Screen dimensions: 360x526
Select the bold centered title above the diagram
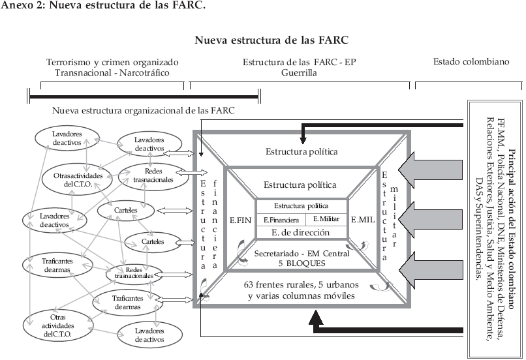click(x=271, y=40)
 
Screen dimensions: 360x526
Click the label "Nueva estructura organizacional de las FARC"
click(x=144, y=111)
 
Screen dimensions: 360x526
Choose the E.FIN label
click(x=240, y=220)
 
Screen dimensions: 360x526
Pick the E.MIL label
click(x=363, y=220)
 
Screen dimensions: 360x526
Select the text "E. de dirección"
click(x=301, y=233)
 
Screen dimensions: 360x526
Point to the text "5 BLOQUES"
click(x=301, y=263)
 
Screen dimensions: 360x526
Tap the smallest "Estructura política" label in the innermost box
click(x=301, y=205)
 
